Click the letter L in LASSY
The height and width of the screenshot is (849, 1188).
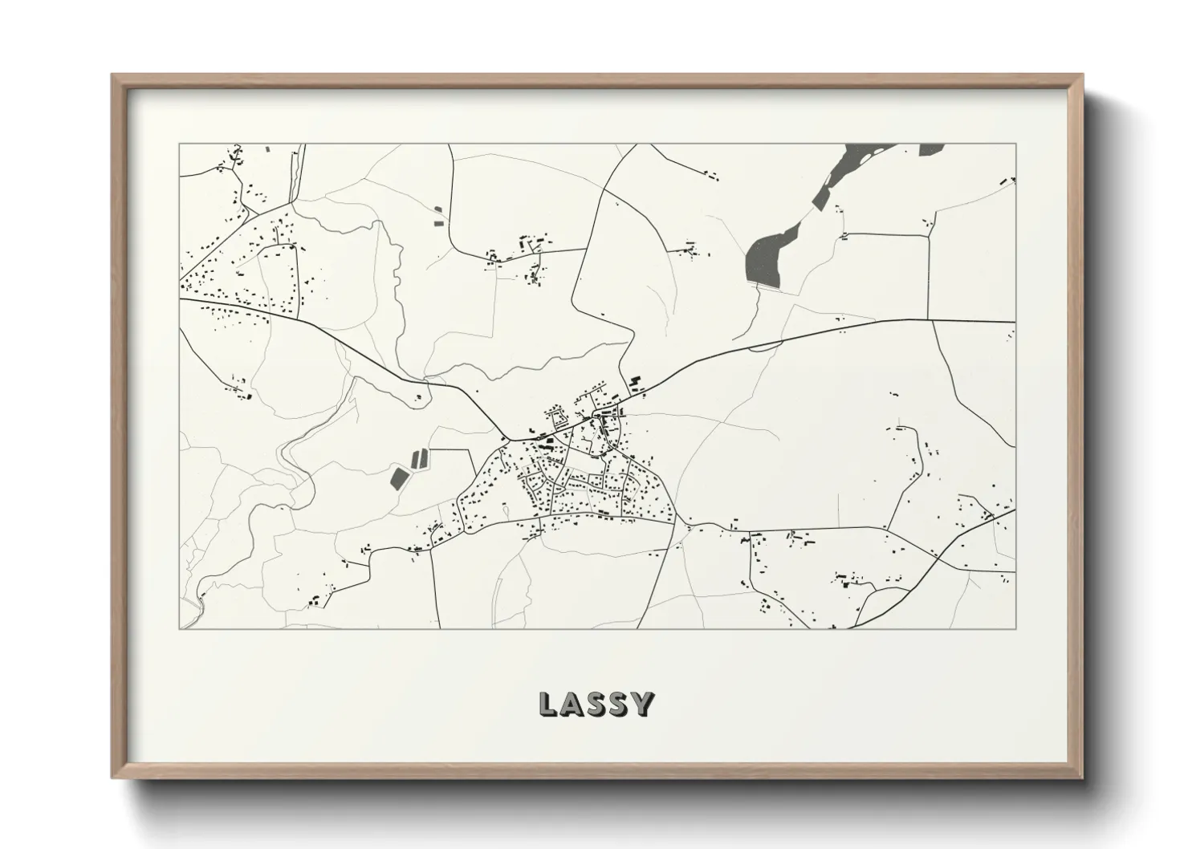tap(547, 704)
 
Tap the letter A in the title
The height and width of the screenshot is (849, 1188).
tap(572, 704)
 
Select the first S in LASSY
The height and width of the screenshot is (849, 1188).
tap(596, 704)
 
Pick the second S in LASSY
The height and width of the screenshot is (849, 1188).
tap(619, 704)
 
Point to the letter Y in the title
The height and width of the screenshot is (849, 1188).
tap(642, 704)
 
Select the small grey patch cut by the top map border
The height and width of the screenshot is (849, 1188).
tap(930, 148)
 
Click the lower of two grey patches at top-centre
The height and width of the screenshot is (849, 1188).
tap(437, 222)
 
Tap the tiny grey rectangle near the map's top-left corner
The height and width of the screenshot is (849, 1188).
tap(267, 148)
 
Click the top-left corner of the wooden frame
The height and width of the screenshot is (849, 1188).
tap(113, 75)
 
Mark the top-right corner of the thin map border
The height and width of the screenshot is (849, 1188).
tap(1015, 144)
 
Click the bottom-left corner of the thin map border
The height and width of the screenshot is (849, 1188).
tap(180, 628)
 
